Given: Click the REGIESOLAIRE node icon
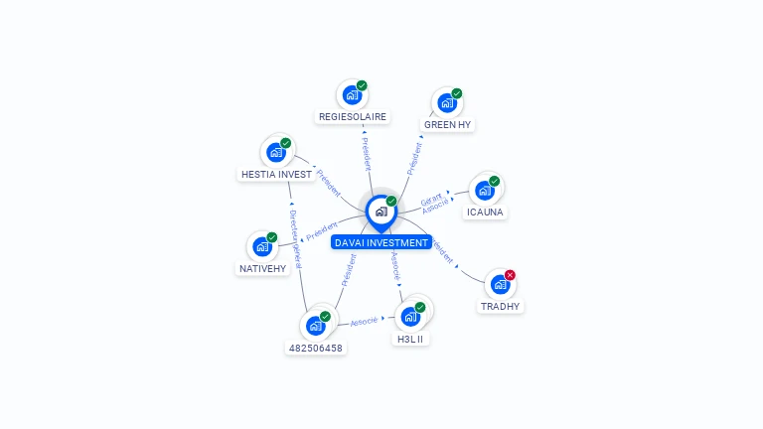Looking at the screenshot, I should click(x=351, y=95).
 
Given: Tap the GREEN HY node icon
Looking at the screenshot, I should click(x=446, y=102).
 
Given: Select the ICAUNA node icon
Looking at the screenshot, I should click(x=484, y=190).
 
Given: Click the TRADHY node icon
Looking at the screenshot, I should click(x=500, y=284).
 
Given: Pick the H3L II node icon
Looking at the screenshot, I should click(x=409, y=317).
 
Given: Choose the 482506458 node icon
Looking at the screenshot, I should click(x=315, y=326).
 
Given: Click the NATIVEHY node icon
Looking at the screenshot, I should click(x=262, y=246).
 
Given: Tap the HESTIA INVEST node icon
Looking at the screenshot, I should click(x=276, y=153).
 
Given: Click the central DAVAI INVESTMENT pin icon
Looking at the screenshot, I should click(x=381, y=212).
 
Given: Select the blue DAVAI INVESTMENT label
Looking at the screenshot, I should click(x=381, y=242).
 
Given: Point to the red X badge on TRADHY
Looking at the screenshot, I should click(x=510, y=275).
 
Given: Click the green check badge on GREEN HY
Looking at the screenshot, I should click(x=457, y=93).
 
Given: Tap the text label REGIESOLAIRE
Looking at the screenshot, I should click(x=352, y=116).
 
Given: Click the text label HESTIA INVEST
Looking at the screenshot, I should click(x=276, y=174).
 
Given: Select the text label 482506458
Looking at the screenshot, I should click(x=315, y=348).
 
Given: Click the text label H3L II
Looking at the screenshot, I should click(x=409, y=339).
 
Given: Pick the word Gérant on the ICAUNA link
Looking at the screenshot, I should click(x=431, y=200).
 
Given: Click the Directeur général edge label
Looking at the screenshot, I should click(x=294, y=234).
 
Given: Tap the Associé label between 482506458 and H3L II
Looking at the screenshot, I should click(x=364, y=322).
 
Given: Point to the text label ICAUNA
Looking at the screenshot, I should click(x=485, y=212).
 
